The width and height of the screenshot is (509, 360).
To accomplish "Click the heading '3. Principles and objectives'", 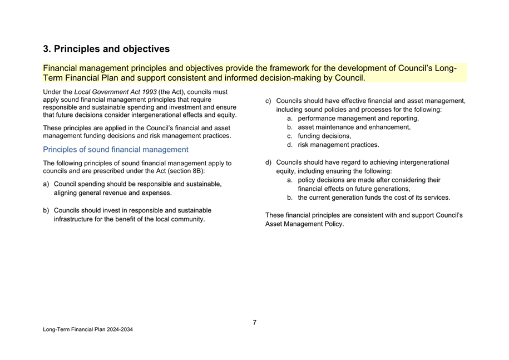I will tap(106, 49).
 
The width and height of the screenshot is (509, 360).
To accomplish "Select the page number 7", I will tap(254, 323).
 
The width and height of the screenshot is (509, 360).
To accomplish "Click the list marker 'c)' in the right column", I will tap(269, 101).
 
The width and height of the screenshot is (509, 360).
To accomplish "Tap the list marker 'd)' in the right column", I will tap(269, 162).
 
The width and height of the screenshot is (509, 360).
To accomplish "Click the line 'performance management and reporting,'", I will tap(358, 119).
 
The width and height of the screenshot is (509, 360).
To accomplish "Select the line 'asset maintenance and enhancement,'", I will tap(354, 127).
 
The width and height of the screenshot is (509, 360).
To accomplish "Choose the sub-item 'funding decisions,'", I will tap(324, 136).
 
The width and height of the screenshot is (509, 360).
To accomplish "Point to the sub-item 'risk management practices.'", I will tap(339, 145).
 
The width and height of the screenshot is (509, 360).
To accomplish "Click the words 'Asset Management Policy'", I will tap(304, 224).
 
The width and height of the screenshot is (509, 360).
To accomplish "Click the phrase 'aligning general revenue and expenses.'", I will tap(113, 193).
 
